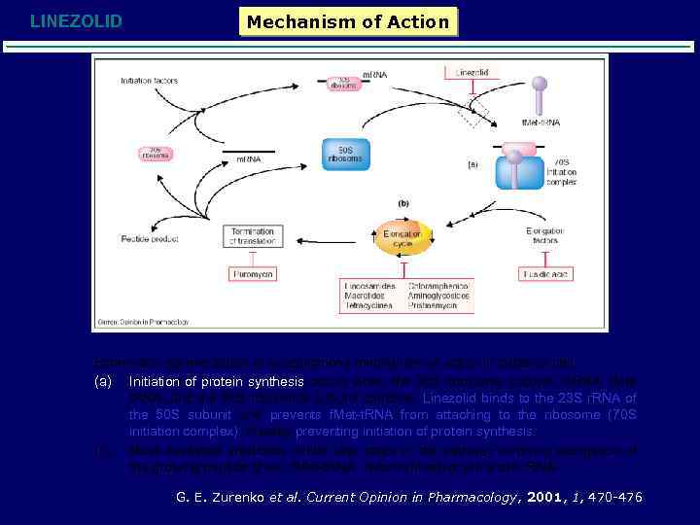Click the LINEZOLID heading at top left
[76, 20]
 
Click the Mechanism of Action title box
[348, 21]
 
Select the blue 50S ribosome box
[345, 155]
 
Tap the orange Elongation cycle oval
[402, 238]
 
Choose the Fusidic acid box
[545, 275]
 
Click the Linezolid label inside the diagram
[472, 72]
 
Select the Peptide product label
[146, 238]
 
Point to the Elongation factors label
[545, 236]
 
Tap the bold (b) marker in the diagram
[402, 204]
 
